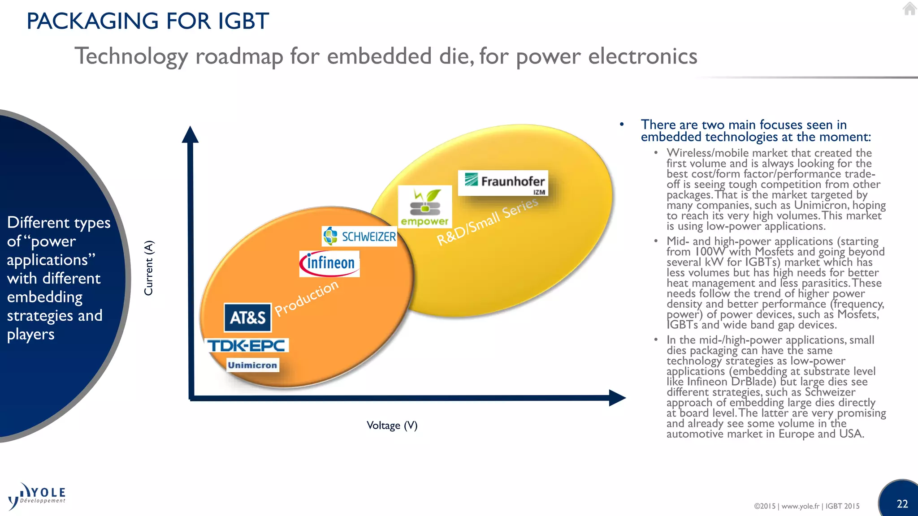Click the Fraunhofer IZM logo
tap(502, 183)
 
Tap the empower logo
tap(424, 207)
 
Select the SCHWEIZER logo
tap(359, 236)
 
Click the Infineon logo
tap(329, 263)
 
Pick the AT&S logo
tap(248, 318)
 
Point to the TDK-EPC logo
tap(247, 345)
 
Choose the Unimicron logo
tap(252, 365)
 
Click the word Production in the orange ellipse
tap(307, 297)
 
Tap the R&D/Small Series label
tap(487, 222)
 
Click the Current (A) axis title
tap(149, 268)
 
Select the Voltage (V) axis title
tap(392, 425)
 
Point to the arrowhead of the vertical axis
tap(190, 134)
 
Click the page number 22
tap(902, 504)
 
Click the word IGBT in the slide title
tap(243, 21)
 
